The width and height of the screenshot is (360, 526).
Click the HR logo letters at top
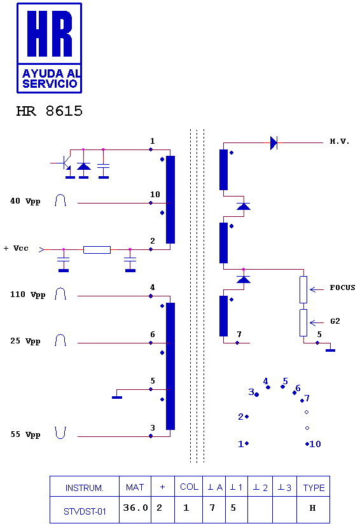click(x=50, y=33)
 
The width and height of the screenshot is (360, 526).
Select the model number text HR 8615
click(x=50, y=111)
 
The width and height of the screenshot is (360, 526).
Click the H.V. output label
click(x=339, y=141)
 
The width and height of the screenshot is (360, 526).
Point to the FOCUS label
click(x=342, y=287)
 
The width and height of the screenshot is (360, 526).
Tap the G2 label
click(x=335, y=321)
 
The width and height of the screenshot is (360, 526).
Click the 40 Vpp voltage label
click(x=25, y=201)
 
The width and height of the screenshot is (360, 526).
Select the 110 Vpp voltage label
click(x=27, y=294)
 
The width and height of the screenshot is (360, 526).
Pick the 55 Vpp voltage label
click(x=25, y=434)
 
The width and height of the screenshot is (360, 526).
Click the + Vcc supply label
click(x=16, y=248)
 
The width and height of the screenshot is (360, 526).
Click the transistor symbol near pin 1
click(x=66, y=163)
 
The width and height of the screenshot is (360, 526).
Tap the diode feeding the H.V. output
click(x=273, y=143)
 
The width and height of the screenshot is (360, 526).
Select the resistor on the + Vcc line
click(x=97, y=249)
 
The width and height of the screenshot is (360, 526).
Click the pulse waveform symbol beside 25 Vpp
click(x=60, y=340)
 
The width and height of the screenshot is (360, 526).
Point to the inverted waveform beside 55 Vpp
click(x=60, y=433)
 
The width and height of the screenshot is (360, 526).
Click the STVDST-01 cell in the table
click(x=85, y=511)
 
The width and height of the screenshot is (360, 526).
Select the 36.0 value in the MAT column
click(x=135, y=508)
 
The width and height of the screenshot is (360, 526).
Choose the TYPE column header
click(x=314, y=488)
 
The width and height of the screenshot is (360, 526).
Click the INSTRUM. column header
click(x=84, y=488)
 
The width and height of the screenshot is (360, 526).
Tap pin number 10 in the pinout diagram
click(x=315, y=444)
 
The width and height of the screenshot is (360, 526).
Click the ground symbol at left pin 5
click(x=117, y=397)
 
